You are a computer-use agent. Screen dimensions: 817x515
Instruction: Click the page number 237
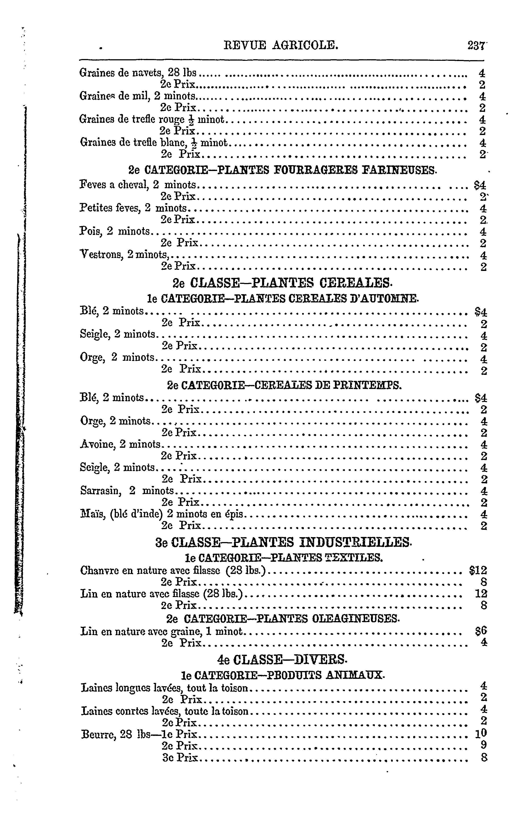(x=475, y=45)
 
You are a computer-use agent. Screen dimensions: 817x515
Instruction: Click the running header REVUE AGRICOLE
(x=281, y=45)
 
